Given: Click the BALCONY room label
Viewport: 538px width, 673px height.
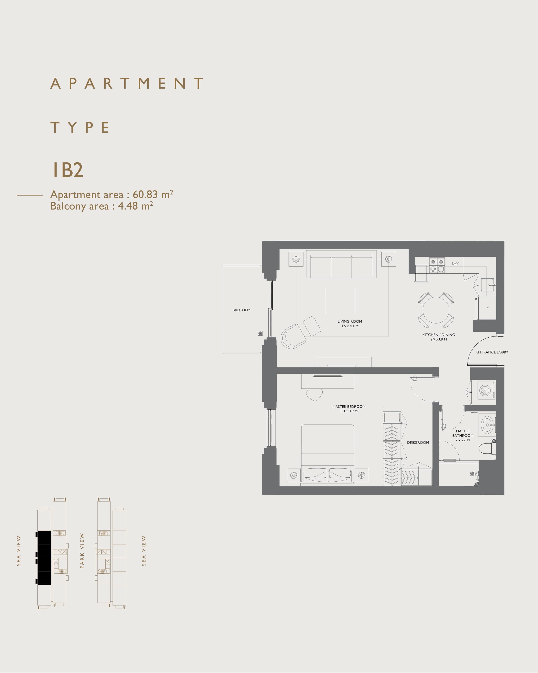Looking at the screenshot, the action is [x=241, y=310].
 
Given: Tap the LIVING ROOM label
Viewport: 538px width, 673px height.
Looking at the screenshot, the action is [x=350, y=321].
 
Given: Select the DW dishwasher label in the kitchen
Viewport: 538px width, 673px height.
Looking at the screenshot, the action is [x=455, y=263].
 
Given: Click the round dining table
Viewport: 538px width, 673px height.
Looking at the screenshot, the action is [x=436, y=310].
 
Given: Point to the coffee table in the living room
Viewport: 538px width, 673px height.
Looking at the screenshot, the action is [x=340, y=301].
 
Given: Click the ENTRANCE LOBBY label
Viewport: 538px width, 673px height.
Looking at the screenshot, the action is [x=492, y=352].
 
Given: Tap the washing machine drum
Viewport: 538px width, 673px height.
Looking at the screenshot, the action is [x=485, y=390].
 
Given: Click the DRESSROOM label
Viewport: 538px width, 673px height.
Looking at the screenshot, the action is [x=418, y=442].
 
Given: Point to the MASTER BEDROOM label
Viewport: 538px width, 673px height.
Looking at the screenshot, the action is [x=349, y=406].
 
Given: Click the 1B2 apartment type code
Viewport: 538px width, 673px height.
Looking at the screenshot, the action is [x=67, y=170].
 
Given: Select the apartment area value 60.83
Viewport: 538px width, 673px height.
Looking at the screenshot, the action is [x=145, y=194].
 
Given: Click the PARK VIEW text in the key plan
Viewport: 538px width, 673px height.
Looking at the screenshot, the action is [x=82, y=551].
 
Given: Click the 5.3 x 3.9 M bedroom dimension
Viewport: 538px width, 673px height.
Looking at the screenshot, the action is [x=349, y=411].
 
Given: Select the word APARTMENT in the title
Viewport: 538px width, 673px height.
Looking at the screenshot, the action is [x=127, y=83].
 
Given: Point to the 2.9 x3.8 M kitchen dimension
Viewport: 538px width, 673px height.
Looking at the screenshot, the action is [x=438, y=339].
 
